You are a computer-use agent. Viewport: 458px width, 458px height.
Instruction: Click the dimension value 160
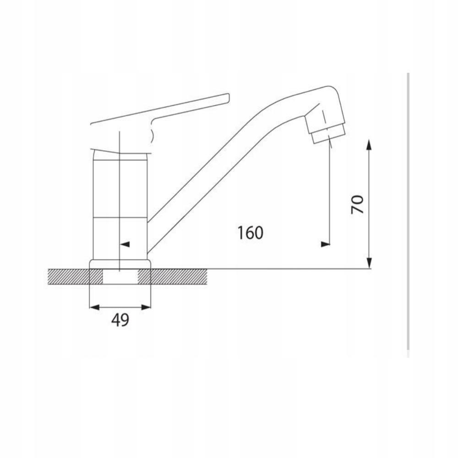coord(250,233)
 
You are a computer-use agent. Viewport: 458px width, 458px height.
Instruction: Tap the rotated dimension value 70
coord(357,204)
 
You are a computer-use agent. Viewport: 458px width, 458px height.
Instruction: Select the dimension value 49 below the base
coord(120,320)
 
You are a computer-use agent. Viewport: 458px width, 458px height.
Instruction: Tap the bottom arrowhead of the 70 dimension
coord(370,264)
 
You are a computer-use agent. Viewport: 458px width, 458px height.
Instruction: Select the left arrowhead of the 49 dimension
coord(93,307)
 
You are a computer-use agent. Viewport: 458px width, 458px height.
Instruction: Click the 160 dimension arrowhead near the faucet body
coord(125,244)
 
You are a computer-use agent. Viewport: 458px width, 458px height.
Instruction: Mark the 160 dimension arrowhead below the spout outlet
coord(325,244)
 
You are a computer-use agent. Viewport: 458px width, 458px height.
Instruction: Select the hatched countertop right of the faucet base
coord(179,277)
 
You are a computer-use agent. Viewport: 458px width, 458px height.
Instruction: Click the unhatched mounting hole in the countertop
coord(120,277)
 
